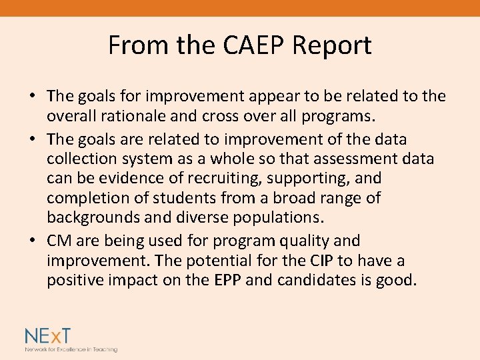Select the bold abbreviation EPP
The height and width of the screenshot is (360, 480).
coord(229,280)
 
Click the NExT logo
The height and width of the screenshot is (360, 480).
coord(49,335)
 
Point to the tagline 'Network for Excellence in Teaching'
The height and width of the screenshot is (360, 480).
coord(71,349)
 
